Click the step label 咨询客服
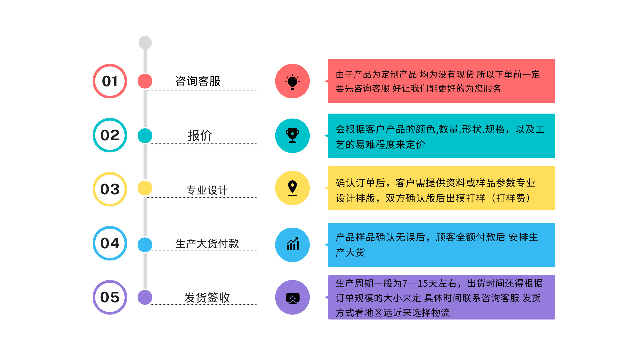click(x=198, y=81)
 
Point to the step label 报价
click(x=200, y=135)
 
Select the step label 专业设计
click(x=207, y=190)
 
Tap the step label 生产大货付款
click(x=207, y=244)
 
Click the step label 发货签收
click(x=207, y=298)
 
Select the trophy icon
click(x=292, y=136)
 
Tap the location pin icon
click(x=292, y=188)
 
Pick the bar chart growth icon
click(x=293, y=244)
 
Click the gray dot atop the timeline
click(x=145, y=43)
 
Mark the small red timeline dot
click(x=145, y=81)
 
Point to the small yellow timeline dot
click(x=145, y=188)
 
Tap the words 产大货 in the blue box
click(x=350, y=252)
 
